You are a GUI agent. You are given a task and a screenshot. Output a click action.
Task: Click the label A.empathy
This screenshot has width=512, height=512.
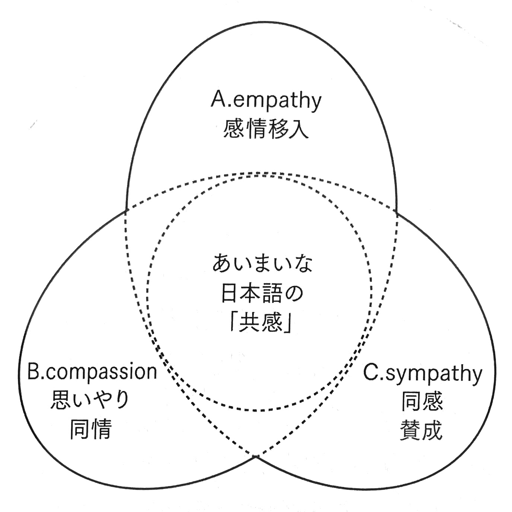(265, 101)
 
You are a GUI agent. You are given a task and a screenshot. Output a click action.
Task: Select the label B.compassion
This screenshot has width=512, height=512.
(92, 372)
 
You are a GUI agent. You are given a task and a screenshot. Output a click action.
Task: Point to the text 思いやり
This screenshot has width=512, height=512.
(90, 400)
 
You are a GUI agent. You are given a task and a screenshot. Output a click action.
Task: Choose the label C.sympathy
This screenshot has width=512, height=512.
(422, 373)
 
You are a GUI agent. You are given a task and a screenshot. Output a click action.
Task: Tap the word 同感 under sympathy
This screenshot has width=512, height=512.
(422, 401)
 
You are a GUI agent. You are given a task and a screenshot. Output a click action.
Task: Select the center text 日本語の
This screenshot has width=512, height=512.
(263, 294)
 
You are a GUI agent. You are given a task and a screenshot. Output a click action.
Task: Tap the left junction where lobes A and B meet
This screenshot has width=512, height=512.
(127, 210)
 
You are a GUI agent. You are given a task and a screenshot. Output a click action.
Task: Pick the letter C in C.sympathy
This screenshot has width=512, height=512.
(371, 373)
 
